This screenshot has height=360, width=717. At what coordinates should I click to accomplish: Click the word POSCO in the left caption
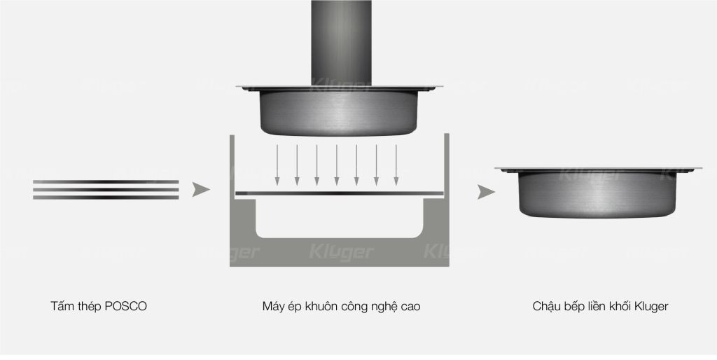[x=126, y=307]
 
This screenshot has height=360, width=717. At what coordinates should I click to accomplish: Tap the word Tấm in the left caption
[x=61, y=307]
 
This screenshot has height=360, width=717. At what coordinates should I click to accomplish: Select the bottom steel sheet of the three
[x=106, y=198]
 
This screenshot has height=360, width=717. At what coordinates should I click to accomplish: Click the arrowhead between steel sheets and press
[x=200, y=189]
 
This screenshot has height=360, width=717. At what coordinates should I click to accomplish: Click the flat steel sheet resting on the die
[x=340, y=193]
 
